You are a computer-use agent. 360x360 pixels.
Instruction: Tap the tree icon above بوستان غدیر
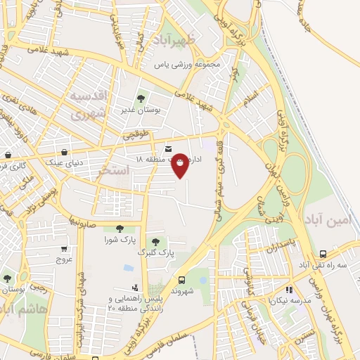pyautogui.click(x=141, y=98)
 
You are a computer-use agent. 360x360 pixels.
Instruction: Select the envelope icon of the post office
pyautogui.click(x=169, y=148)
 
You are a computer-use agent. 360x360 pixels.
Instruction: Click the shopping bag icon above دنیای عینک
pyautogui.click(x=64, y=151)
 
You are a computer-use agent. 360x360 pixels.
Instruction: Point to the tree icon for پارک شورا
pyautogui.click(x=119, y=228)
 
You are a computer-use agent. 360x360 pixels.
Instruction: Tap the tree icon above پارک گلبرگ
pyautogui.click(x=155, y=242)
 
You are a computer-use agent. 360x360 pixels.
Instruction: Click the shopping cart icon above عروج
pyautogui.click(x=64, y=248)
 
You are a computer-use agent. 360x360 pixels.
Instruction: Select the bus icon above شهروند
pyautogui.click(x=182, y=279)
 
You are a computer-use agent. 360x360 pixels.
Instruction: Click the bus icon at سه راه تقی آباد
pyautogui.click(x=323, y=254)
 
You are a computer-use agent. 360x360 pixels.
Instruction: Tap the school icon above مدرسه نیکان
pyautogui.click(x=288, y=289)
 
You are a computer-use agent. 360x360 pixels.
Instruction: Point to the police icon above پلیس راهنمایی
pyautogui.click(x=134, y=288)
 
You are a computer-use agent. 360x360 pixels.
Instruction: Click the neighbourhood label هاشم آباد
pyautogui.click(x=25, y=309)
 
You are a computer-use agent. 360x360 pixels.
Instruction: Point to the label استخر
pyautogui.click(x=115, y=169)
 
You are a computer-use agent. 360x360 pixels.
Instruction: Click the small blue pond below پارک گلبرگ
pyautogui.click(x=129, y=268)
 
